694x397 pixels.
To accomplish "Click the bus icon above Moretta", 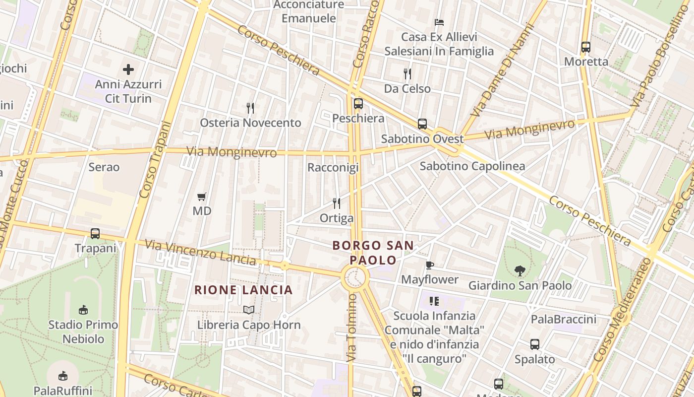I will [x=585, y=47].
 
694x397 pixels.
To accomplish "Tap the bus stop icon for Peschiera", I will [x=358, y=104].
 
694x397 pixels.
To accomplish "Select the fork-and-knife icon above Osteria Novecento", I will [x=250, y=108].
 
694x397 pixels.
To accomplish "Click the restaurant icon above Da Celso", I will [x=407, y=74].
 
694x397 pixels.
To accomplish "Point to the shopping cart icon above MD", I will [x=201, y=197].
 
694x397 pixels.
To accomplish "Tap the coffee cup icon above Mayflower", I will [x=429, y=265].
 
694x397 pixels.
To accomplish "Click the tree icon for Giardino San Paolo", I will [x=520, y=270].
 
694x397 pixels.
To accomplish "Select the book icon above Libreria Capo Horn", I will [x=249, y=310].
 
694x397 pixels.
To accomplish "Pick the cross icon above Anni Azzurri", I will [x=128, y=69].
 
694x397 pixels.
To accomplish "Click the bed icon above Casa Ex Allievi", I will [x=439, y=22].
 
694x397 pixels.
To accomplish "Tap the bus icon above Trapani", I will [x=95, y=233].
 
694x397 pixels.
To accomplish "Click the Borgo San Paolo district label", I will [x=373, y=253].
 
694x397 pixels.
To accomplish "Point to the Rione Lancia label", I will [x=243, y=290].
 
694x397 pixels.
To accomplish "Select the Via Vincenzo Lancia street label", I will [x=200, y=252].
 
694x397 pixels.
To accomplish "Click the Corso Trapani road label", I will [x=155, y=160].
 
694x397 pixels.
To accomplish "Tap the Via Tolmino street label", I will [x=351, y=328].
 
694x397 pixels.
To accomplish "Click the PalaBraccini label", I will [x=564, y=319].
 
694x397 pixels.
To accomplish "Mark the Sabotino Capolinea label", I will [x=472, y=166].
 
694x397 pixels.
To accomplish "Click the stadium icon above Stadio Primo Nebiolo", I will [x=83, y=310].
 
